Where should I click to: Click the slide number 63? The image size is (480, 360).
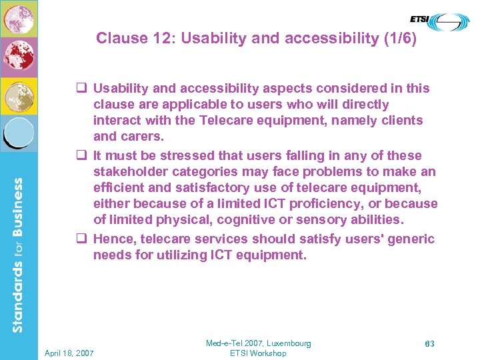point(430,344)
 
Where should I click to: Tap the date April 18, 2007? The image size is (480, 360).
point(69,352)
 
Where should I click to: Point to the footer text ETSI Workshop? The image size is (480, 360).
point(258,353)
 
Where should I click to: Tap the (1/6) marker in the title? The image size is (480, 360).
point(399,38)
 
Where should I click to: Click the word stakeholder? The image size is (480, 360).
point(127,171)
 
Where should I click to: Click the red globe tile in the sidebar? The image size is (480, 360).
point(19,57)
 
